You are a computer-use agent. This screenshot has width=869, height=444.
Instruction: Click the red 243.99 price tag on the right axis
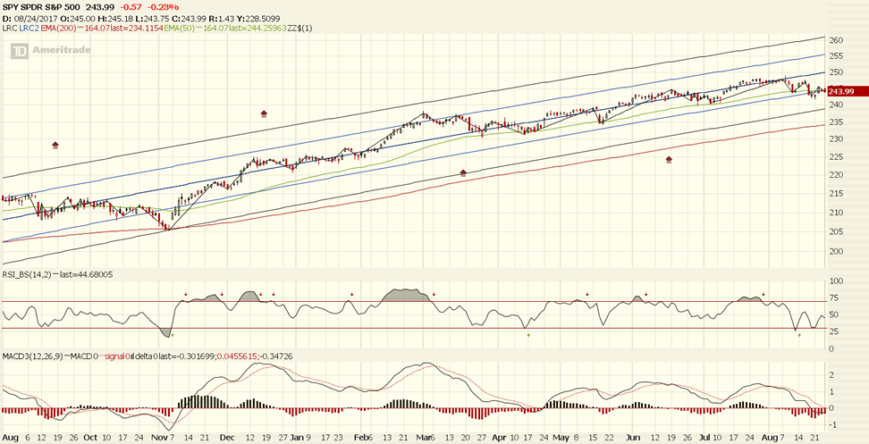tap(842, 91)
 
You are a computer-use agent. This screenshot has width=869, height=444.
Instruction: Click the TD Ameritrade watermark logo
tap(44, 53)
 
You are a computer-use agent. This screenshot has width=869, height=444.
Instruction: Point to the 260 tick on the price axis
tap(836, 41)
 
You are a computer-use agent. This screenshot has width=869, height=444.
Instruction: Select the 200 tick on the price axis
tap(836, 251)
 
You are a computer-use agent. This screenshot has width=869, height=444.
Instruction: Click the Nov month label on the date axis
tap(159, 437)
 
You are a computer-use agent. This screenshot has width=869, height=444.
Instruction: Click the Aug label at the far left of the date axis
tap(10, 437)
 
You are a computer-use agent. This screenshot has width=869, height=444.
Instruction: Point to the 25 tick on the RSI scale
tap(833, 331)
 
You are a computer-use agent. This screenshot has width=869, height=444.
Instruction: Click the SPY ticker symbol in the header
tap(12, 7)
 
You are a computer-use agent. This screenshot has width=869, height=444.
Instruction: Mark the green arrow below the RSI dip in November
tap(172, 335)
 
